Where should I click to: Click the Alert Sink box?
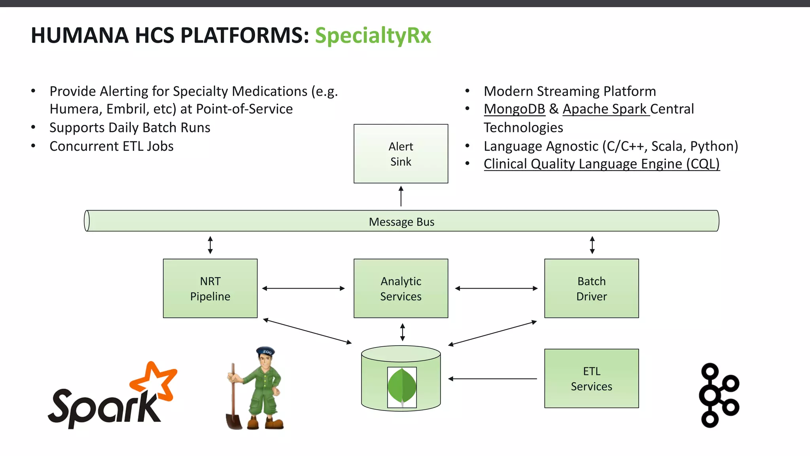point(401,154)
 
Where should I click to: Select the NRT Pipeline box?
point(210,288)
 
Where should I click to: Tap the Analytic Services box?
point(401,288)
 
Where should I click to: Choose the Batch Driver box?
point(591,288)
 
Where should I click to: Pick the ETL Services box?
point(591,378)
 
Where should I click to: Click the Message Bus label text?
point(401,222)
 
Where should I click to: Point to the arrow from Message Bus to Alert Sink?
point(401,196)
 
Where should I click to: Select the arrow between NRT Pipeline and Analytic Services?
point(303,289)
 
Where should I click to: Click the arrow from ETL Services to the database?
point(492,379)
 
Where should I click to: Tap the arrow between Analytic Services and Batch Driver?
point(496,289)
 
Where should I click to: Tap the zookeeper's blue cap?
point(265,351)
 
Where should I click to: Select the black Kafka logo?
point(719,395)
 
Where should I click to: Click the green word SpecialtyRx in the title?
point(373,36)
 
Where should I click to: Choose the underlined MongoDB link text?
point(514,109)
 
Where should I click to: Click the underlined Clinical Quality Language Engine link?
point(601,164)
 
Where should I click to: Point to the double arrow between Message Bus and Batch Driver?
point(592,245)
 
